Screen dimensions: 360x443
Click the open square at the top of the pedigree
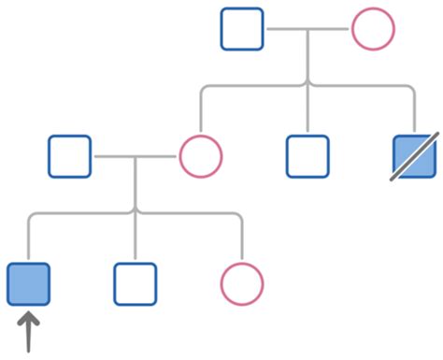(242, 29)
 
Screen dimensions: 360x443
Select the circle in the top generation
(372, 29)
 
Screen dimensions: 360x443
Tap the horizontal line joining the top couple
(308, 29)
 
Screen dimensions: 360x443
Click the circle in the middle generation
(200, 156)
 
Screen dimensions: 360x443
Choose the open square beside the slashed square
(307, 156)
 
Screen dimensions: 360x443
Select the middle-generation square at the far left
(70, 156)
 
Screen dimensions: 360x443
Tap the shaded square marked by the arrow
(28, 283)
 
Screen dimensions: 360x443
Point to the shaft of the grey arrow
(28, 338)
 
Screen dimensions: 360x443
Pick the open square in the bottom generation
(136, 283)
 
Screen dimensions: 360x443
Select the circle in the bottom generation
(242, 283)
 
